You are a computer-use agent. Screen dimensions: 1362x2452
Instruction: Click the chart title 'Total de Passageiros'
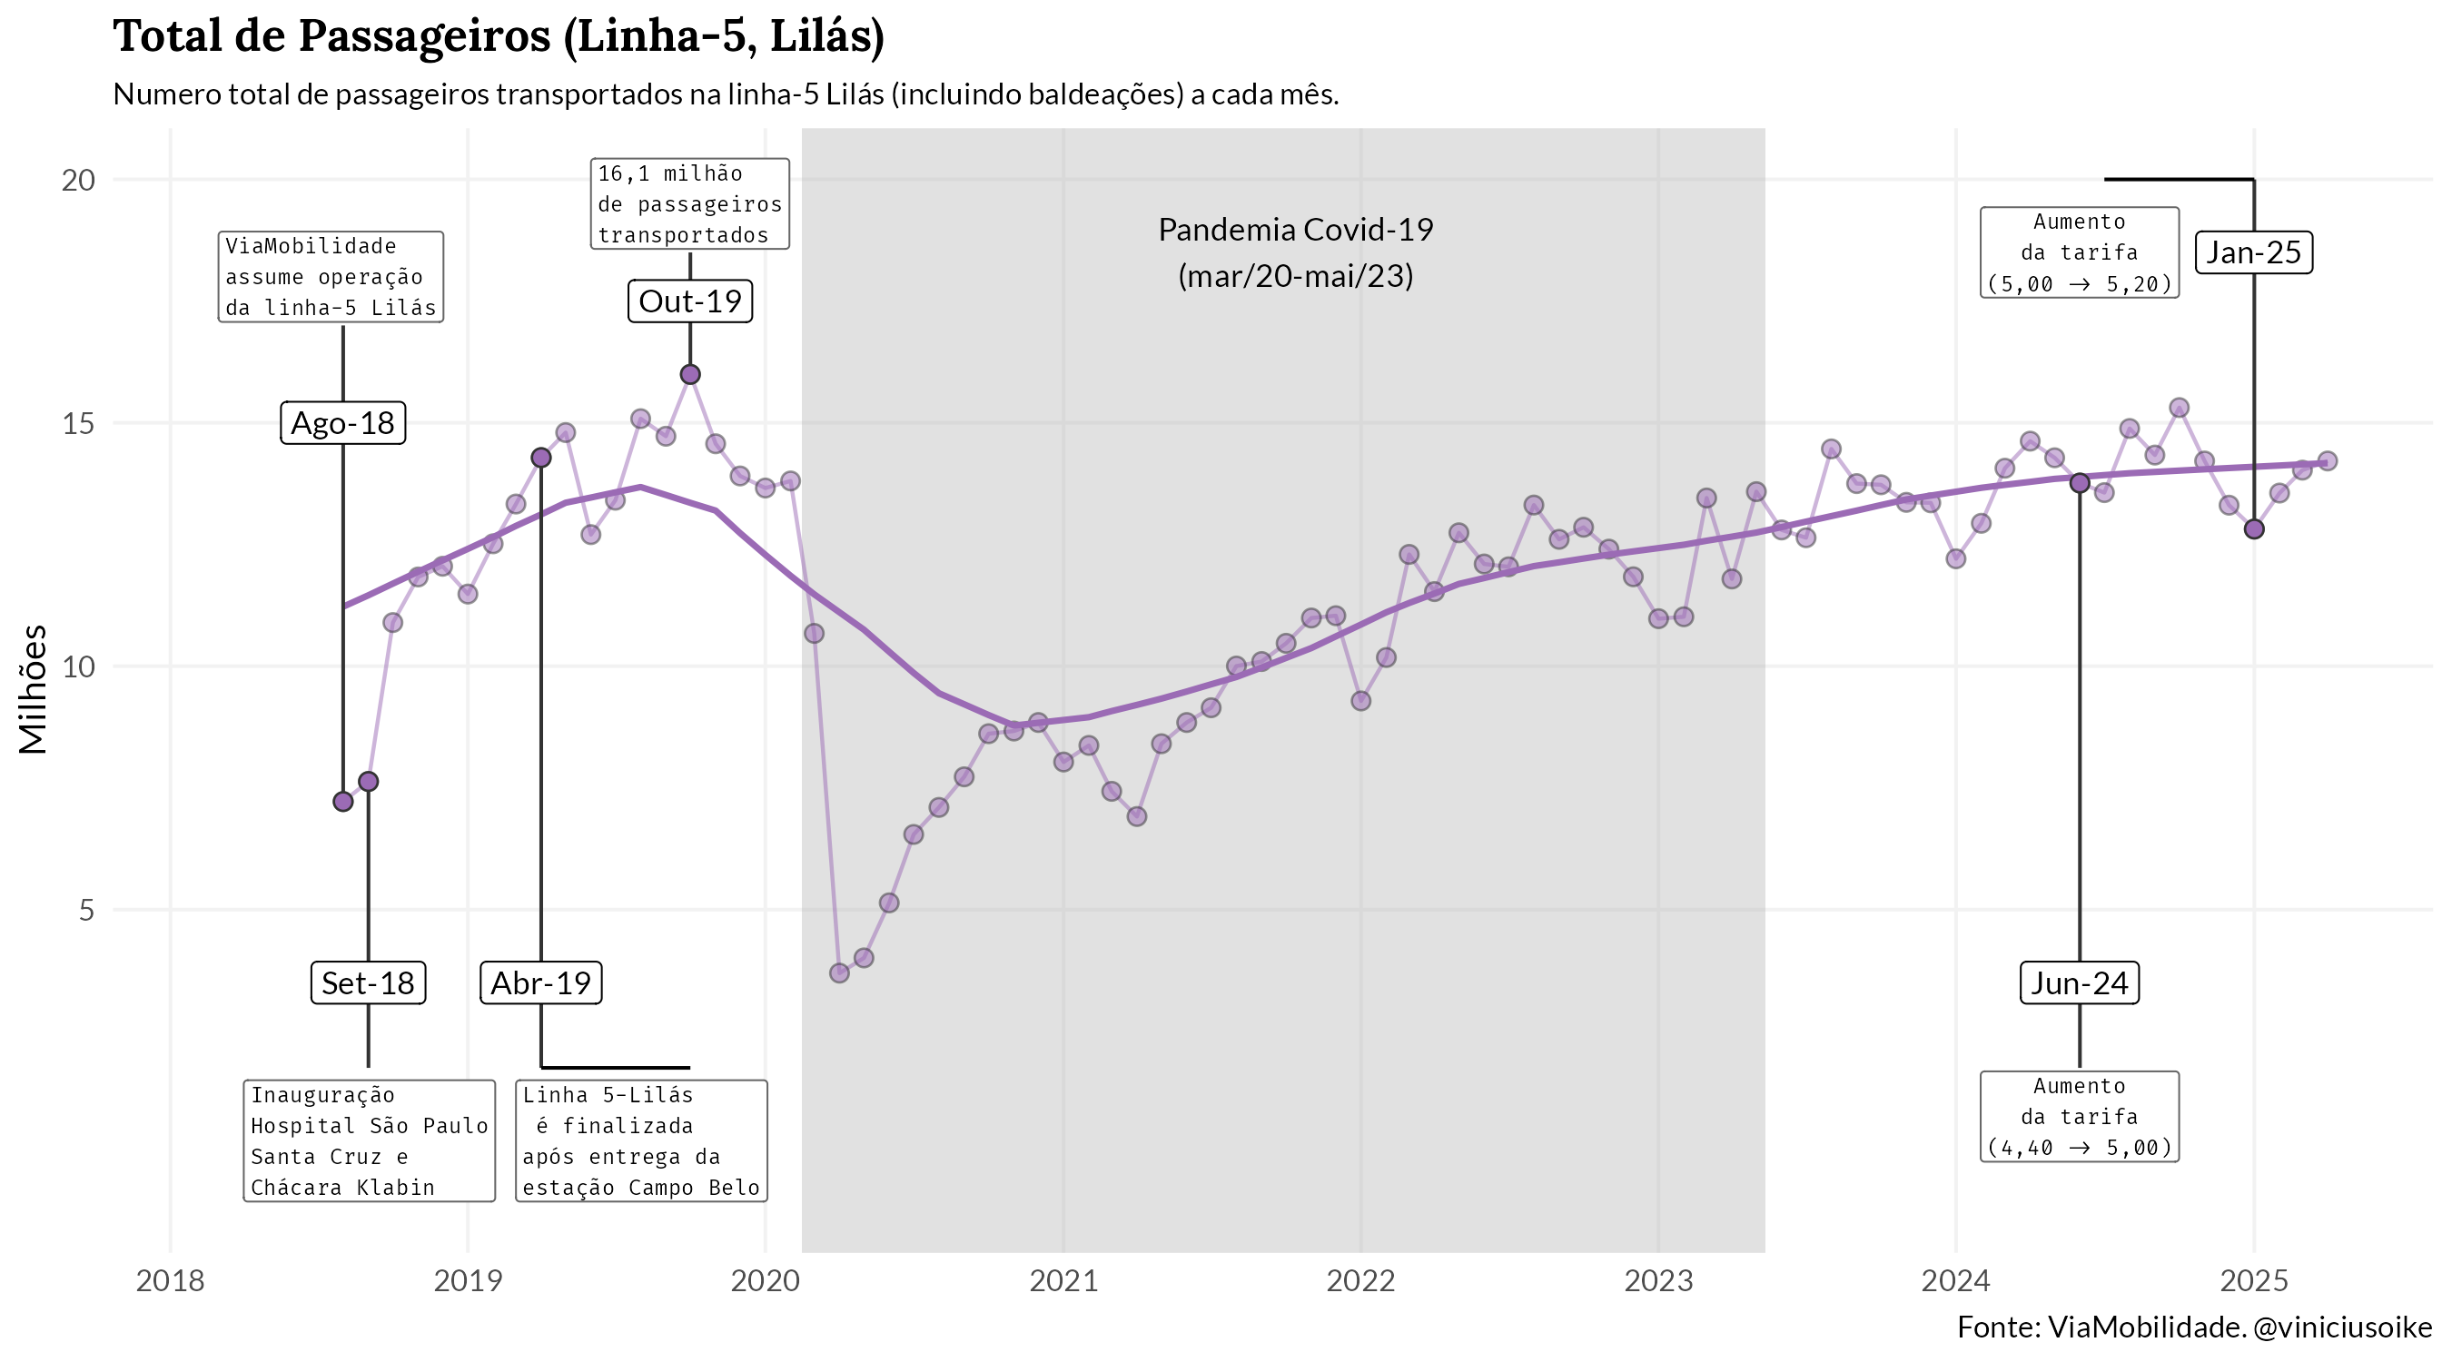click(x=499, y=36)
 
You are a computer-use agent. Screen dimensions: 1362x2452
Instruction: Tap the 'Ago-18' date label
click(x=342, y=423)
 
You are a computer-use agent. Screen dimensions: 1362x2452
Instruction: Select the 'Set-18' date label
click(x=368, y=983)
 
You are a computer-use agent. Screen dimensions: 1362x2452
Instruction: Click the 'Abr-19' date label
click(x=540, y=983)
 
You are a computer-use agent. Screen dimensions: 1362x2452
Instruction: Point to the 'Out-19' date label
click(x=690, y=301)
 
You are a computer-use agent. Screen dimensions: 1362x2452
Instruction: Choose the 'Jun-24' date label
click(x=2079, y=983)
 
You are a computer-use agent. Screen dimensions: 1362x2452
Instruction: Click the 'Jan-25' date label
click(x=2253, y=253)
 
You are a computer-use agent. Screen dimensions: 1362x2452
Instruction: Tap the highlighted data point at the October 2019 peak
click(x=690, y=375)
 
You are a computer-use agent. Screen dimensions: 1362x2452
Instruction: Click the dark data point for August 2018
click(x=342, y=802)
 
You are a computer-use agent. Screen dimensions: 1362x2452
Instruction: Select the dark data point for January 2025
click(x=2253, y=529)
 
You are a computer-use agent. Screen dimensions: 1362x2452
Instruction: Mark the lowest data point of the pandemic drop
click(x=838, y=972)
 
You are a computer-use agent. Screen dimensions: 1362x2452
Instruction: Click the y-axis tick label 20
click(x=79, y=180)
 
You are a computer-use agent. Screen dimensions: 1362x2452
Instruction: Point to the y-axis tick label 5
click(x=86, y=911)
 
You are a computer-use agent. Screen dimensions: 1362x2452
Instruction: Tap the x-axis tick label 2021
click(x=1063, y=1281)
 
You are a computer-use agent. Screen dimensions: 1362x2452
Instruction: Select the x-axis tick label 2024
click(x=1955, y=1281)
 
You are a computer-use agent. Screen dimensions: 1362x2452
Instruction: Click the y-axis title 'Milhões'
click(x=35, y=689)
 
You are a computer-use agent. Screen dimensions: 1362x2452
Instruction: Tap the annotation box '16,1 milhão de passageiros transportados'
click(x=689, y=204)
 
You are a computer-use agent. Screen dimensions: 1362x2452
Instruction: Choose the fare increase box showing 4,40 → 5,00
click(x=2079, y=1118)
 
